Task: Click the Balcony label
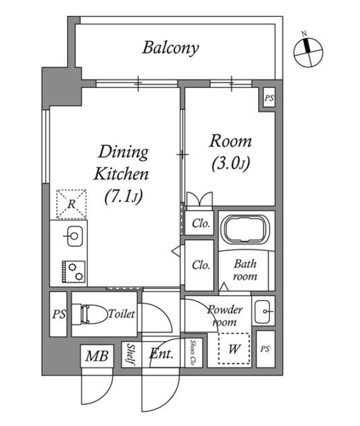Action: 171,48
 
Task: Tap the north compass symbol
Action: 308,52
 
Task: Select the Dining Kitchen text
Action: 121,163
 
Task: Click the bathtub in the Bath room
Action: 247,230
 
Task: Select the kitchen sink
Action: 75,236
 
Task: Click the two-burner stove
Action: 74,272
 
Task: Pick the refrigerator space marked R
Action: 71,204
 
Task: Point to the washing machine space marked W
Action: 234,349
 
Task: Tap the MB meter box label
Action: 97,356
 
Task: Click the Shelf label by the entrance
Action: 131,354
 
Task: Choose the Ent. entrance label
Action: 161,354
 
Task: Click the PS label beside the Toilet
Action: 59,314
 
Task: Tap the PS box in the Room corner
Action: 269,98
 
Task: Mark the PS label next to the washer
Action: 265,349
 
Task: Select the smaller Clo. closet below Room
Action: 199,223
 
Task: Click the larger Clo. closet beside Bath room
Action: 199,266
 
